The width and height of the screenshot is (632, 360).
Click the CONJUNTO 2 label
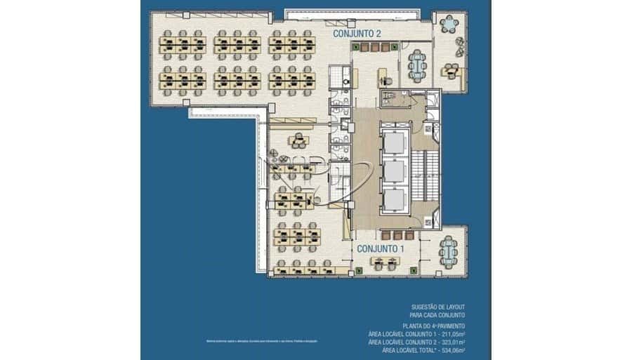[x=357, y=33]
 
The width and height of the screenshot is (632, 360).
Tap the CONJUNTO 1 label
[x=380, y=248]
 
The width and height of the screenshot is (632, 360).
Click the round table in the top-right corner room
[x=447, y=25]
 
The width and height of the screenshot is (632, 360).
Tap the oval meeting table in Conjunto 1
[x=447, y=251]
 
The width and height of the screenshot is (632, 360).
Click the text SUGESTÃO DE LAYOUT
[x=439, y=307]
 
